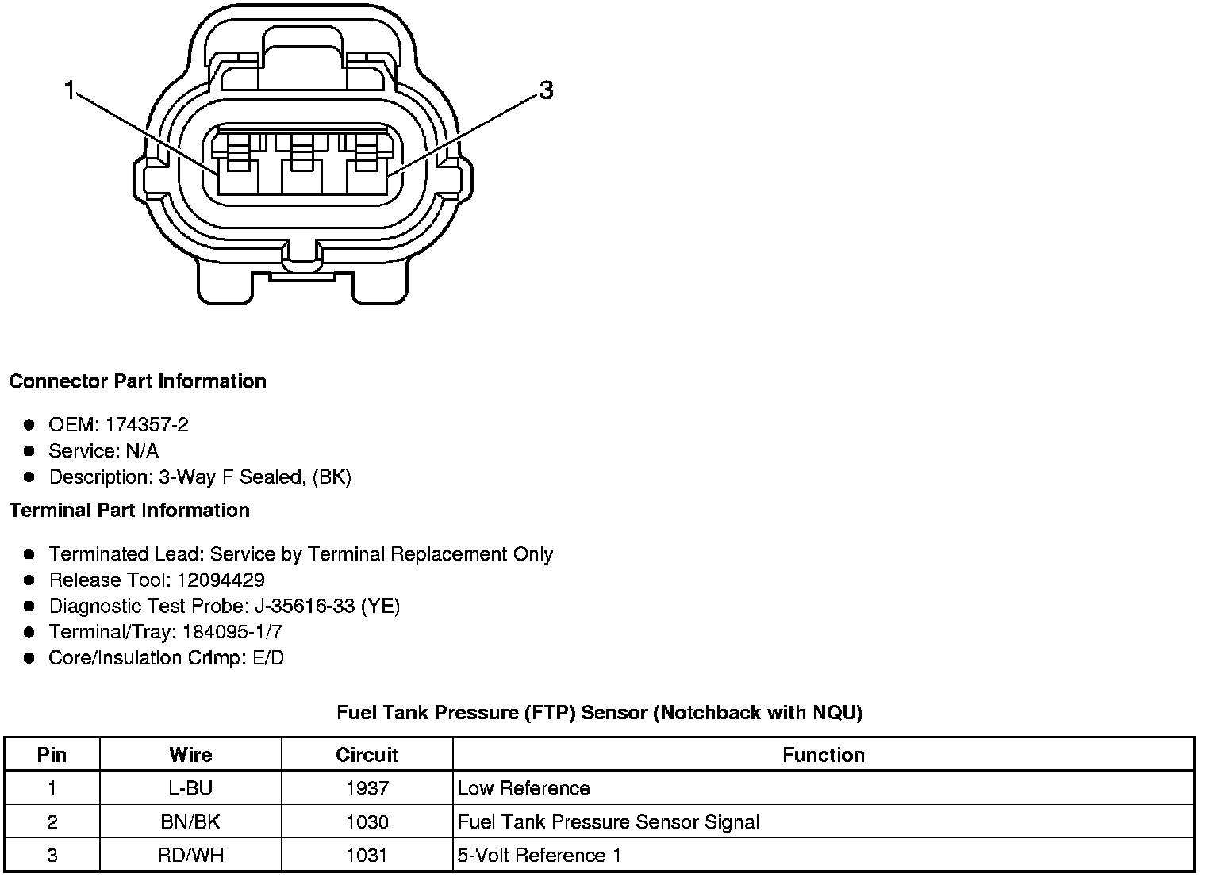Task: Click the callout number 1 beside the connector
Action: click(70, 91)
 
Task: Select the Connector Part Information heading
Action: click(137, 381)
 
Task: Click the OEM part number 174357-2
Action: click(147, 425)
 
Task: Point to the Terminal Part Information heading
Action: click(129, 511)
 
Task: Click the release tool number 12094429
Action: click(221, 580)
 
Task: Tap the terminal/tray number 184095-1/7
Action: click(232, 632)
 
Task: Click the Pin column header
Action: click(52, 755)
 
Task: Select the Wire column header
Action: click(190, 755)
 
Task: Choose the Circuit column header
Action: click(367, 755)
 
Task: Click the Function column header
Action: click(824, 755)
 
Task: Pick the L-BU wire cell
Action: click(190, 788)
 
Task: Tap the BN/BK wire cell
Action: click(190, 821)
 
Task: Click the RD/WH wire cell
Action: click(190, 856)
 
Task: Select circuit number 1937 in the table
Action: click(367, 788)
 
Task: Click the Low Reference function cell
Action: click(524, 788)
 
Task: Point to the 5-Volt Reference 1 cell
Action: click(540, 856)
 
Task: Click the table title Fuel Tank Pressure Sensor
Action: click(600, 713)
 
